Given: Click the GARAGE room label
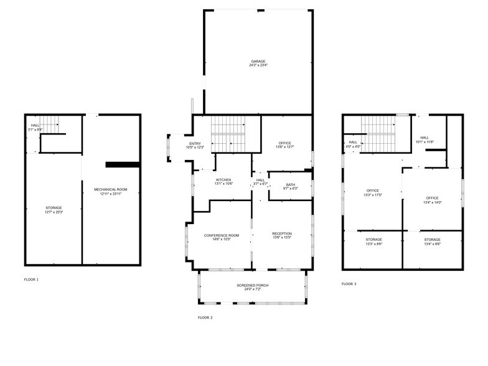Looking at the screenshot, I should point(258,61).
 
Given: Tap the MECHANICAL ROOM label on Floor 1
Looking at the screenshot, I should point(110,189).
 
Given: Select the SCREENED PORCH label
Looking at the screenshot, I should point(252,286).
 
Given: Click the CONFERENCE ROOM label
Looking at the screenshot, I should point(222,235).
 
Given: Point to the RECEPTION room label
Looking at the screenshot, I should point(281,233).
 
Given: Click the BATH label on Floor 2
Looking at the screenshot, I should point(291,184).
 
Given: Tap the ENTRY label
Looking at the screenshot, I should point(195,144).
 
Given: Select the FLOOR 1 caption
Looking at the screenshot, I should point(31,279).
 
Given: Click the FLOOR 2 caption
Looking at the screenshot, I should point(205,317).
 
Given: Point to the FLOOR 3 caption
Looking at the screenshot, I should point(349,284).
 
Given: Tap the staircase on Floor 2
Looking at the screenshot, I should point(228,133).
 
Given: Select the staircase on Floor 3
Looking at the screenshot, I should point(378,133).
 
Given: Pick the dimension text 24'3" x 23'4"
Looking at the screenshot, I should point(258,65).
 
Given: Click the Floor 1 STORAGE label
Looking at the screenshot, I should point(54,207).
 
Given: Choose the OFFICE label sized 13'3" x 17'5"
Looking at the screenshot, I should point(373,190).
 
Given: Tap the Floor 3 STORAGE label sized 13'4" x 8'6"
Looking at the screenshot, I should point(433,240).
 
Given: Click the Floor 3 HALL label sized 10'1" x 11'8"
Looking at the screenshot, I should point(425,138).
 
